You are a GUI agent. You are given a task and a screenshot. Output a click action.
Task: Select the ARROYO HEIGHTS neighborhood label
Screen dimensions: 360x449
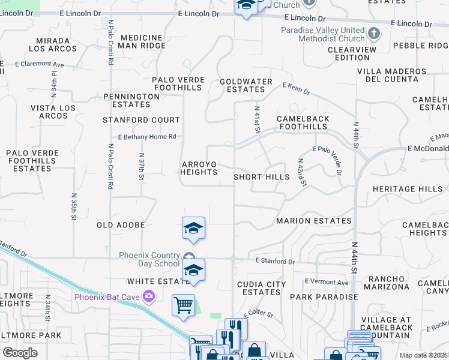tap(199, 168)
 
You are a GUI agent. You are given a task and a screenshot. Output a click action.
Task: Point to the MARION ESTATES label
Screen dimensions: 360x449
tap(313, 221)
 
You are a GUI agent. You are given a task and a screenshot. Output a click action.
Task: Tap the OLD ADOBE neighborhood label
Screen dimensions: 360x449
tap(121, 225)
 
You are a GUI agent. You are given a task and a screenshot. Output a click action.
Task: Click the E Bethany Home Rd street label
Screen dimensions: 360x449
tap(147, 137)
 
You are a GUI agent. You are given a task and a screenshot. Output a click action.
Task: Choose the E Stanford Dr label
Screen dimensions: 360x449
tap(275, 262)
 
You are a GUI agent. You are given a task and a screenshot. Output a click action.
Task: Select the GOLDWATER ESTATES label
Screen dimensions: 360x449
tap(246, 85)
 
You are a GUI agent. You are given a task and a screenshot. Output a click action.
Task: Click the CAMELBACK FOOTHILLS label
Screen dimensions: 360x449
tap(303, 123)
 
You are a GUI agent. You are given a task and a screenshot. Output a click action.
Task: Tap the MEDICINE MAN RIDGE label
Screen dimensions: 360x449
tap(142, 41)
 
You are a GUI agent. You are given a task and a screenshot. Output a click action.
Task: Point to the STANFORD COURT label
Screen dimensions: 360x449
tap(141, 120)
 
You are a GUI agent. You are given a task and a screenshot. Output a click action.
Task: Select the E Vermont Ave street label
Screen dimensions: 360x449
tap(326, 282)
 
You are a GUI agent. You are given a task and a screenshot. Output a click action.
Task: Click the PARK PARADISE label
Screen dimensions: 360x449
tap(324, 297)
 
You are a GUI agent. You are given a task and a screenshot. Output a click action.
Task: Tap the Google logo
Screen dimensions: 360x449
tap(20, 352)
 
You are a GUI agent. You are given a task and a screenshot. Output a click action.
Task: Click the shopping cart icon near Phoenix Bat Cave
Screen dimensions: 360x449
tap(183, 305)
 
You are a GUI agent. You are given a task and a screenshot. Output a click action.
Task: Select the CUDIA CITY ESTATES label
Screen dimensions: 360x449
tap(261, 288)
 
